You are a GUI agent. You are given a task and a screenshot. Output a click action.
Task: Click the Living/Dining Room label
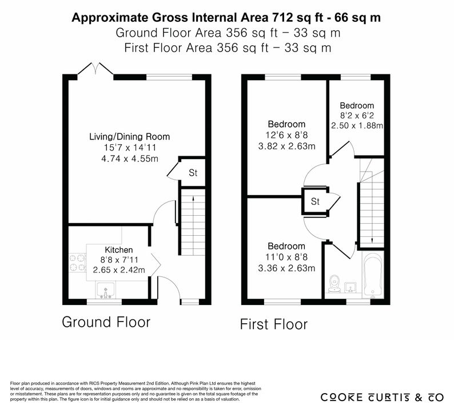point(129,136)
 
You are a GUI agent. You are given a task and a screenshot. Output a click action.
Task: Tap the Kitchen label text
point(119,249)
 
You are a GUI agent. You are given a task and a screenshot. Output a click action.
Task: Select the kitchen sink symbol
point(106,290)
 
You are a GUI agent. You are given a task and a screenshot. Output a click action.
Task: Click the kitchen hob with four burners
point(78,263)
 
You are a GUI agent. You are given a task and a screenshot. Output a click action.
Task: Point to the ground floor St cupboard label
point(193,173)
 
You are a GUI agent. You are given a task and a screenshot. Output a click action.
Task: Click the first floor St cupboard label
point(315,201)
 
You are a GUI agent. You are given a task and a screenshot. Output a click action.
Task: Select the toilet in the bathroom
point(334,283)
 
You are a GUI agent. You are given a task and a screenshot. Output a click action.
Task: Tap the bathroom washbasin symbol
point(351,287)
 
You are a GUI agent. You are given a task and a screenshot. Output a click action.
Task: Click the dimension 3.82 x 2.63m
point(286,146)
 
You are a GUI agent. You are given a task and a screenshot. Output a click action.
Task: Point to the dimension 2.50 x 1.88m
point(357,125)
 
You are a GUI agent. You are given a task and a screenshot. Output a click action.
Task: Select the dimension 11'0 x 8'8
point(286,257)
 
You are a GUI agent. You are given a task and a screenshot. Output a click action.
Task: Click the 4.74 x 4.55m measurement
point(130,159)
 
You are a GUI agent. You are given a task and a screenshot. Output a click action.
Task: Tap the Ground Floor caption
point(106,322)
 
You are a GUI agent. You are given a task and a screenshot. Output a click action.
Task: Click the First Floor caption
point(274,324)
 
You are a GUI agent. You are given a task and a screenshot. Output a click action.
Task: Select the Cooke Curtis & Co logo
point(382,397)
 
